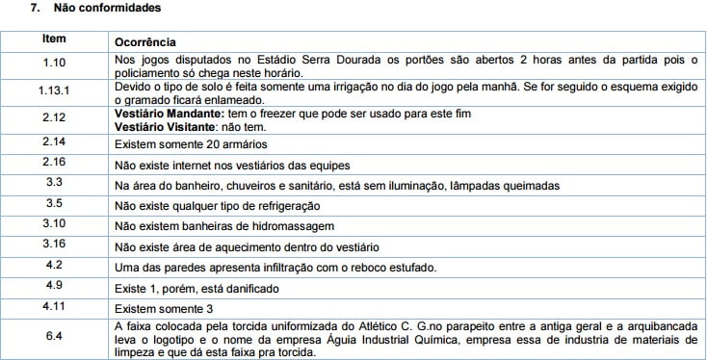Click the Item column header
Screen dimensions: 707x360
click(54, 40)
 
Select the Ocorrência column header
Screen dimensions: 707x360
click(144, 43)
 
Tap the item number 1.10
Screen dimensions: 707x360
click(54, 64)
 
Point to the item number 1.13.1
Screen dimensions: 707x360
click(54, 90)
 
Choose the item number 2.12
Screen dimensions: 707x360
click(54, 117)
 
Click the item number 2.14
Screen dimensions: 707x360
click(54, 141)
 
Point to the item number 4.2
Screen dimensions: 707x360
click(54, 265)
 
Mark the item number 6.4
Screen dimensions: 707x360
click(54, 337)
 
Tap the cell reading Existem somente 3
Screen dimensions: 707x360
click(160, 309)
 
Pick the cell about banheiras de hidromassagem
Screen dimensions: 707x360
click(223, 226)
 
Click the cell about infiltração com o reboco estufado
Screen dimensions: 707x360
click(275, 268)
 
